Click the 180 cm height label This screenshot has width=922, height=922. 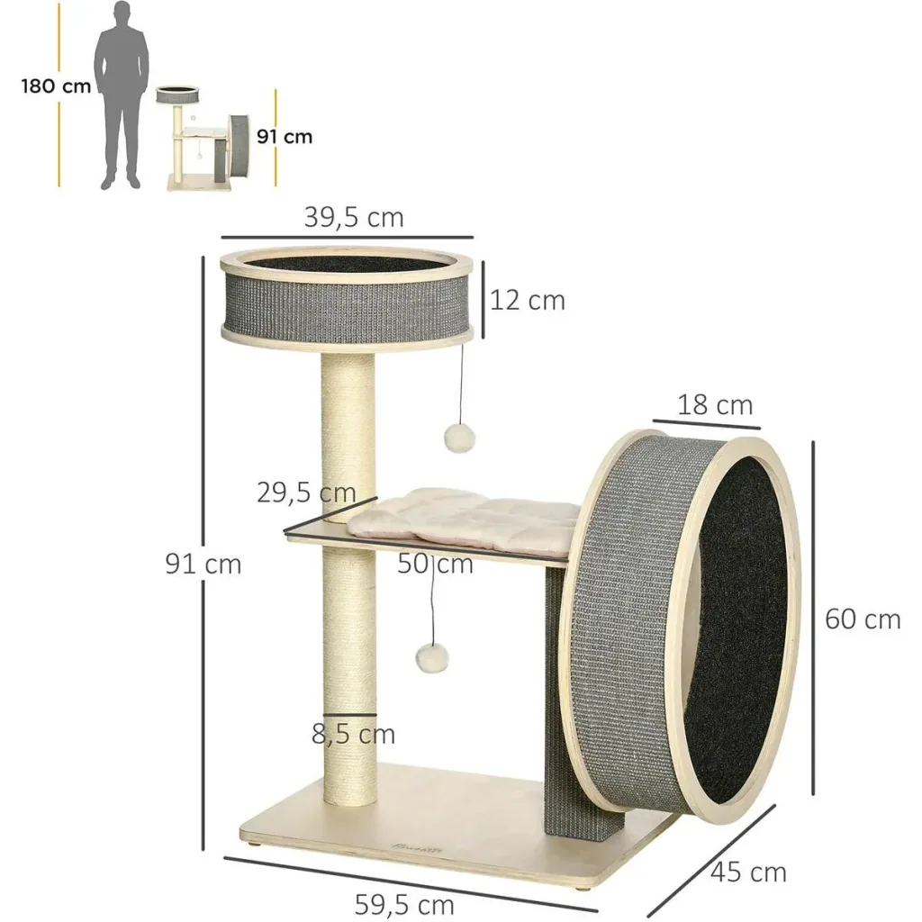pyautogui.click(x=57, y=86)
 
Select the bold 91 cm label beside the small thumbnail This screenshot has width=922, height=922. pyautogui.click(x=285, y=137)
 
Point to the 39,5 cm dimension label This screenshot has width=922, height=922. pyautogui.click(x=354, y=218)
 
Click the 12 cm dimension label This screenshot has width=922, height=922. pyautogui.click(x=528, y=301)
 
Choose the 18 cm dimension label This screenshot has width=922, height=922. pyautogui.click(x=715, y=405)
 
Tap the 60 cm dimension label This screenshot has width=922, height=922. pyautogui.click(x=863, y=619)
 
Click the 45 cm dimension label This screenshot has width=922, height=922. pyautogui.click(x=748, y=872)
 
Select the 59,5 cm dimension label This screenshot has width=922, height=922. pyautogui.click(x=404, y=904)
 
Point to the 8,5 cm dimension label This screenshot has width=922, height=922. pyautogui.click(x=353, y=735)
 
